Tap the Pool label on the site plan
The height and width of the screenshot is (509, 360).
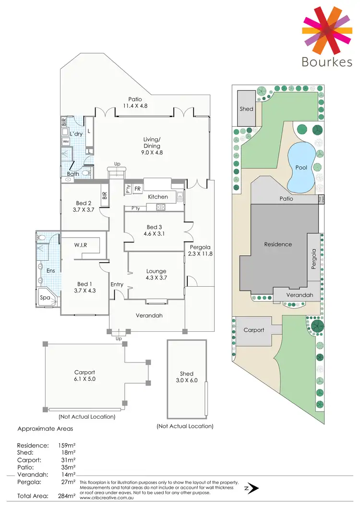coord(301,168)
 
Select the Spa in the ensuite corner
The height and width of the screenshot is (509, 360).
coord(47,298)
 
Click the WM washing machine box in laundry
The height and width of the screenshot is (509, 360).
coord(65,142)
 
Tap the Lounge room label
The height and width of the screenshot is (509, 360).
coord(156,271)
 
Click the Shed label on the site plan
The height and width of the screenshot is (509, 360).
coord(246,109)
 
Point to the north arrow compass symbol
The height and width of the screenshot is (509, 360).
coord(252,488)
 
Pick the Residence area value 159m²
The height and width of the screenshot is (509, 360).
coord(63,446)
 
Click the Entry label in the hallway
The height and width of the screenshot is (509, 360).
coord(117,284)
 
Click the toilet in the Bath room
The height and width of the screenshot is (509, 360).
coord(86,173)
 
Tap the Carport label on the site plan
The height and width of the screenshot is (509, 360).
coord(254,330)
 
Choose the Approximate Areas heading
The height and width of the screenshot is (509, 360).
coord(45,429)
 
